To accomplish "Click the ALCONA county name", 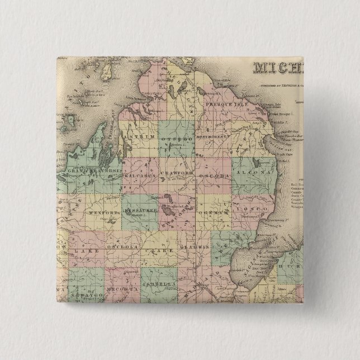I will (x=254, y=174).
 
